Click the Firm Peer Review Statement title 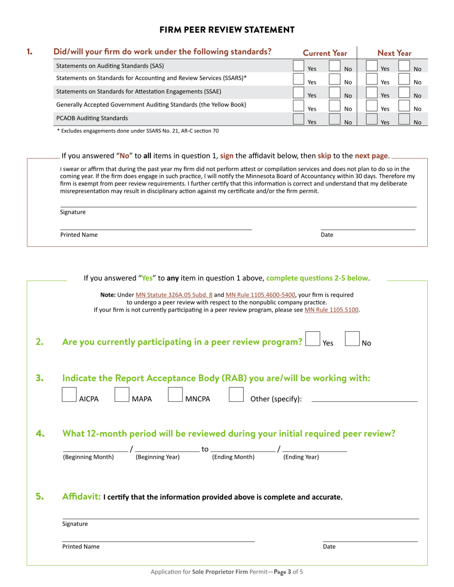[x=227, y=30]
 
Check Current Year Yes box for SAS [x=298, y=65]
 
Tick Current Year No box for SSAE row [x=335, y=92]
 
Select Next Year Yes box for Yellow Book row [x=371, y=105]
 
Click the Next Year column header [x=394, y=53]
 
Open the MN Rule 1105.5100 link [x=332, y=310]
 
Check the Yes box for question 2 [x=313, y=338]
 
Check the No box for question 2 [x=352, y=338]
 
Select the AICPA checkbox [x=69, y=395]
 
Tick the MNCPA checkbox [x=175, y=395]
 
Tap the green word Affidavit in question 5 [x=82, y=497]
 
